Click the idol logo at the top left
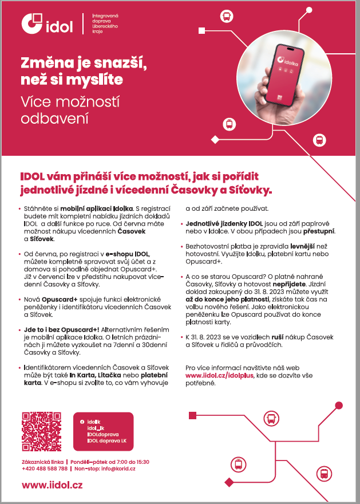(47, 23)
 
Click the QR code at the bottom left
(41, 432)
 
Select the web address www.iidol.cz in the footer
(52, 485)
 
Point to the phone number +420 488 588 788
(44, 468)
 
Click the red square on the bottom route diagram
(192, 415)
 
